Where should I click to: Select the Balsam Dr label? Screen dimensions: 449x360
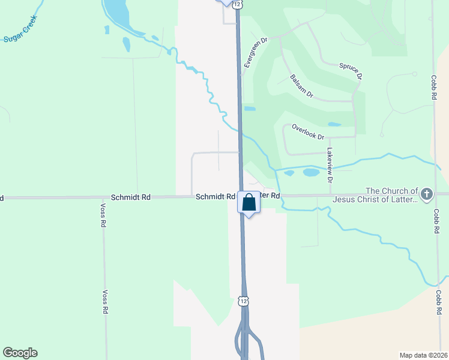tap(301, 86)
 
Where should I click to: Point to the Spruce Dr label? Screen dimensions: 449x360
tap(351, 71)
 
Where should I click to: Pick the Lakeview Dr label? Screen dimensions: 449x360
tap(330, 166)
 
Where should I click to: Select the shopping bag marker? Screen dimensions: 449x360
tap(249, 203)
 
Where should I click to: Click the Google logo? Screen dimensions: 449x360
tap(20, 353)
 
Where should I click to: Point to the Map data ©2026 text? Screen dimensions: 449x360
tap(423, 355)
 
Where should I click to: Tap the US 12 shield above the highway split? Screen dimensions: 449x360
tap(243, 300)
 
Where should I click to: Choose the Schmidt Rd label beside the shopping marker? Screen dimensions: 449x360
tap(214, 197)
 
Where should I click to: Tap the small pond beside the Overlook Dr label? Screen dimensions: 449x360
tap(334, 125)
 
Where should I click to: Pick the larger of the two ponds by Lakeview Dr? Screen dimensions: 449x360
tap(311, 173)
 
